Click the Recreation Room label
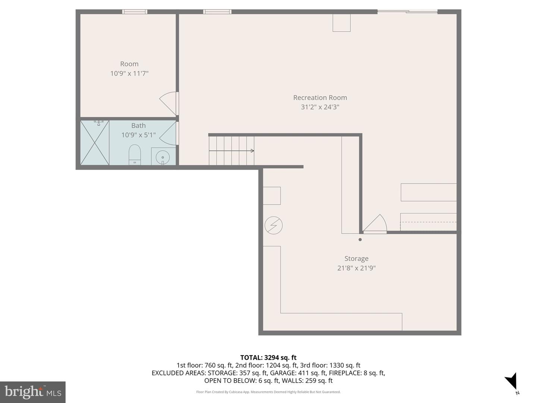pyautogui.click(x=320, y=98)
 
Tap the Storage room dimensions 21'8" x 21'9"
pyautogui.click(x=356, y=268)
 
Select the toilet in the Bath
pyautogui.click(x=135, y=154)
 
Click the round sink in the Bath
pyautogui.click(x=163, y=157)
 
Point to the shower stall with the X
pyautogui.click(x=95, y=143)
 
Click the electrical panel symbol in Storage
pyautogui.click(x=273, y=225)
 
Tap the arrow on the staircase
pyautogui.click(x=252, y=151)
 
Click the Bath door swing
pyautogui.click(x=169, y=133)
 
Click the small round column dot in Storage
pyautogui.click(x=360, y=240)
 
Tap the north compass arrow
pyautogui.click(x=511, y=382)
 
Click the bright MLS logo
pyautogui.click(x=33, y=392)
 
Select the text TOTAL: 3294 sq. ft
pyautogui.click(x=268, y=357)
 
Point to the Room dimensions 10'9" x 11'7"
pyautogui.click(x=129, y=74)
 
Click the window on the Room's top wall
pyautogui.click(x=135, y=12)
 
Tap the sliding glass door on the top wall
pyautogui.click(x=407, y=12)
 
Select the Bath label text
pyautogui.click(x=138, y=126)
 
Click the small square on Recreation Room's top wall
pyautogui.click(x=342, y=23)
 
